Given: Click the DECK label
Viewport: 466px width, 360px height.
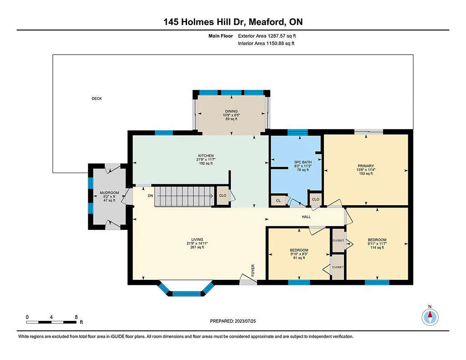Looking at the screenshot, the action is point(96,98).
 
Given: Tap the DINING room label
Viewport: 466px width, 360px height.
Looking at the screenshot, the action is point(231,112).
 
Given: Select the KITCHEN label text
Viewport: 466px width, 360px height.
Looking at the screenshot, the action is point(206,156).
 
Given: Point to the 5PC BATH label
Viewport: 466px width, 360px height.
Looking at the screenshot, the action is point(303,162).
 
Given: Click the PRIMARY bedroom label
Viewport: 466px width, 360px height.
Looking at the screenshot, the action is point(366,166).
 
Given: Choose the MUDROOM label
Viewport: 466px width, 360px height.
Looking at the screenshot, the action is point(109,193).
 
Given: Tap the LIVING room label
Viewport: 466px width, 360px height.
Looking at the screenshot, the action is point(197,239).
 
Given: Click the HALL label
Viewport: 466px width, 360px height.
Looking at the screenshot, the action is point(306,217).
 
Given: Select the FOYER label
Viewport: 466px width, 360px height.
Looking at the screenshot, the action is point(253,270).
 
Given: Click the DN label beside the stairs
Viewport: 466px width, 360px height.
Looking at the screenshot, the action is point(150,196).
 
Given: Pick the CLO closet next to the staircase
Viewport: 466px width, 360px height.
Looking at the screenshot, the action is point(223,195).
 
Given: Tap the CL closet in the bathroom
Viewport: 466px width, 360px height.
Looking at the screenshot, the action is point(278,201).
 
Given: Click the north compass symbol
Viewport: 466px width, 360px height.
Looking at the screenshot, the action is point(430,317).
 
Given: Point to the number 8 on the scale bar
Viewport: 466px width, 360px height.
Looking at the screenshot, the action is point(76,317).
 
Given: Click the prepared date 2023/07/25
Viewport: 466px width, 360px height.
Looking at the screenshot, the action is point(245,321).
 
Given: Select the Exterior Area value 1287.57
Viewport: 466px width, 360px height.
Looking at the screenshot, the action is point(276,36).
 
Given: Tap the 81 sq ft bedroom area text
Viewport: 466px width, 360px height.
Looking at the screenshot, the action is point(299,258).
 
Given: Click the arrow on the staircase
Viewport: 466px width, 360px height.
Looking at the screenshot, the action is point(185,196).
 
